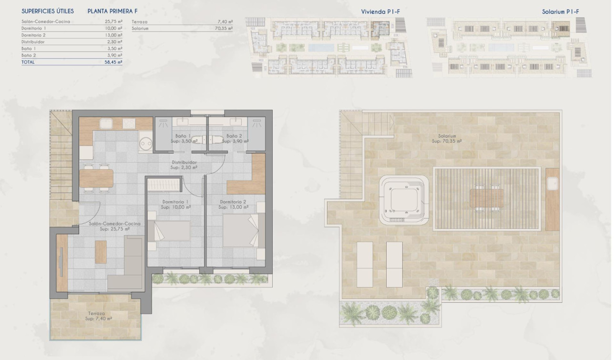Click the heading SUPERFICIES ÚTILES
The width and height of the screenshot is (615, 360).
tap(48, 11)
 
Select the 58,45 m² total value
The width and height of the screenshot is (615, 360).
tap(113, 62)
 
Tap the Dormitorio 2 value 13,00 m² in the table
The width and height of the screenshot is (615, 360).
tap(113, 35)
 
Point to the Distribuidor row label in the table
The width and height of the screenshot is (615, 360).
tap(33, 42)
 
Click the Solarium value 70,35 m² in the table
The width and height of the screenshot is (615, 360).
tap(224, 28)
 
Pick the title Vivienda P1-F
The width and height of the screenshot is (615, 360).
tap(380, 11)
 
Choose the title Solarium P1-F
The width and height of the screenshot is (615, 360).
tap(560, 11)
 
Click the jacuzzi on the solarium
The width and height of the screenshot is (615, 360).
tap(404, 200)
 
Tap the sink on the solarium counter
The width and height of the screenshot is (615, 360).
tap(553, 184)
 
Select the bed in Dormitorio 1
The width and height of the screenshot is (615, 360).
tap(169, 231)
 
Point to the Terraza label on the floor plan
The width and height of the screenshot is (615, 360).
tap(96, 313)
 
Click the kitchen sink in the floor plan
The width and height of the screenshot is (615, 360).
tap(106, 123)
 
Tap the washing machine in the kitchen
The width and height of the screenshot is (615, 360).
tap(145, 142)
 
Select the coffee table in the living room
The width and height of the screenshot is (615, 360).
tap(101, 252)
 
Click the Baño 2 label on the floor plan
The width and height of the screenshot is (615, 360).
tap(234, 136)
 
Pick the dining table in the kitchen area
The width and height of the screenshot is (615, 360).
tap(96, 178)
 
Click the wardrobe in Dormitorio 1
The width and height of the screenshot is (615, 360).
tap(164, 185)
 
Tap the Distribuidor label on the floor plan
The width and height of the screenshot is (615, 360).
tap(184, 162)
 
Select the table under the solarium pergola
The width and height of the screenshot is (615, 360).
tap(486, 198)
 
